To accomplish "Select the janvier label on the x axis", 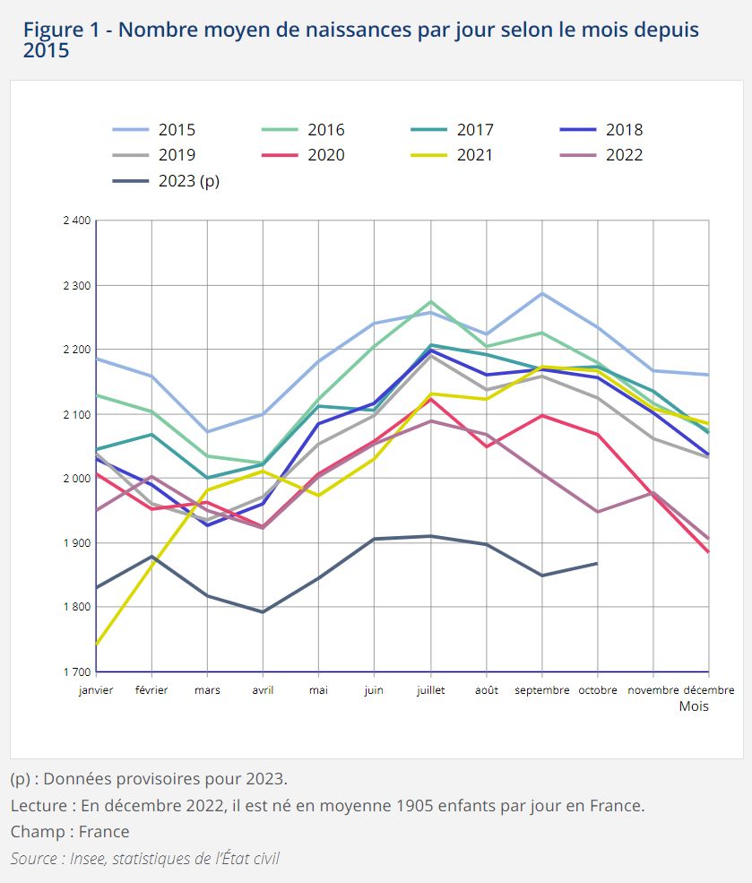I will pos(96,690).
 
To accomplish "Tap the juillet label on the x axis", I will pos(431,690).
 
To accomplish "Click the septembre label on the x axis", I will pos(542,690).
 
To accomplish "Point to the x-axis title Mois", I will pos(694,706).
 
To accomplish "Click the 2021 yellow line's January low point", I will pos(96,645).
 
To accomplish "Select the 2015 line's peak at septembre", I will pos(542,293).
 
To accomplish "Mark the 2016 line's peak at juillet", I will pos(431,301).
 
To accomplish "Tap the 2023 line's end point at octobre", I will pos(598,563).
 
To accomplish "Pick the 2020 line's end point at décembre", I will pos(708,552).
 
